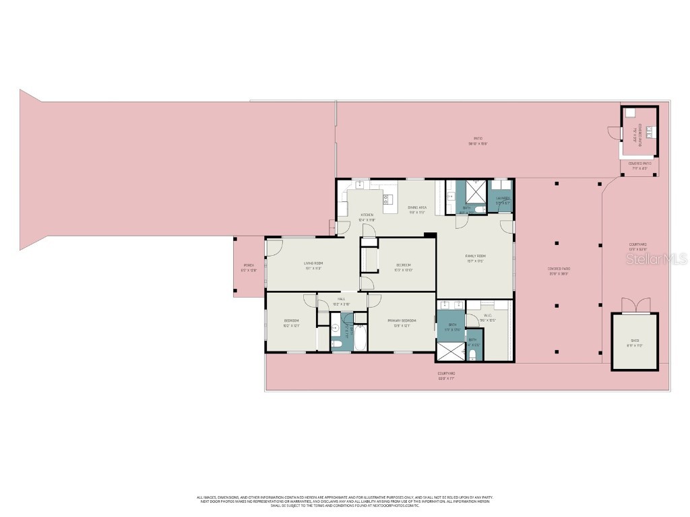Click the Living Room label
313,263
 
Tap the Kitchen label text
367,215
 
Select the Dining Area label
417,207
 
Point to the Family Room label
475,256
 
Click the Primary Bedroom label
401,320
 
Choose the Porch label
249,267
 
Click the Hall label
341,299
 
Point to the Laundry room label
503,199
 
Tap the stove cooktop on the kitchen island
389,197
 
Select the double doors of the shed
634,306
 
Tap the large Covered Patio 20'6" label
558,270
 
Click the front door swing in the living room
273,248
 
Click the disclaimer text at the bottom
344,501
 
